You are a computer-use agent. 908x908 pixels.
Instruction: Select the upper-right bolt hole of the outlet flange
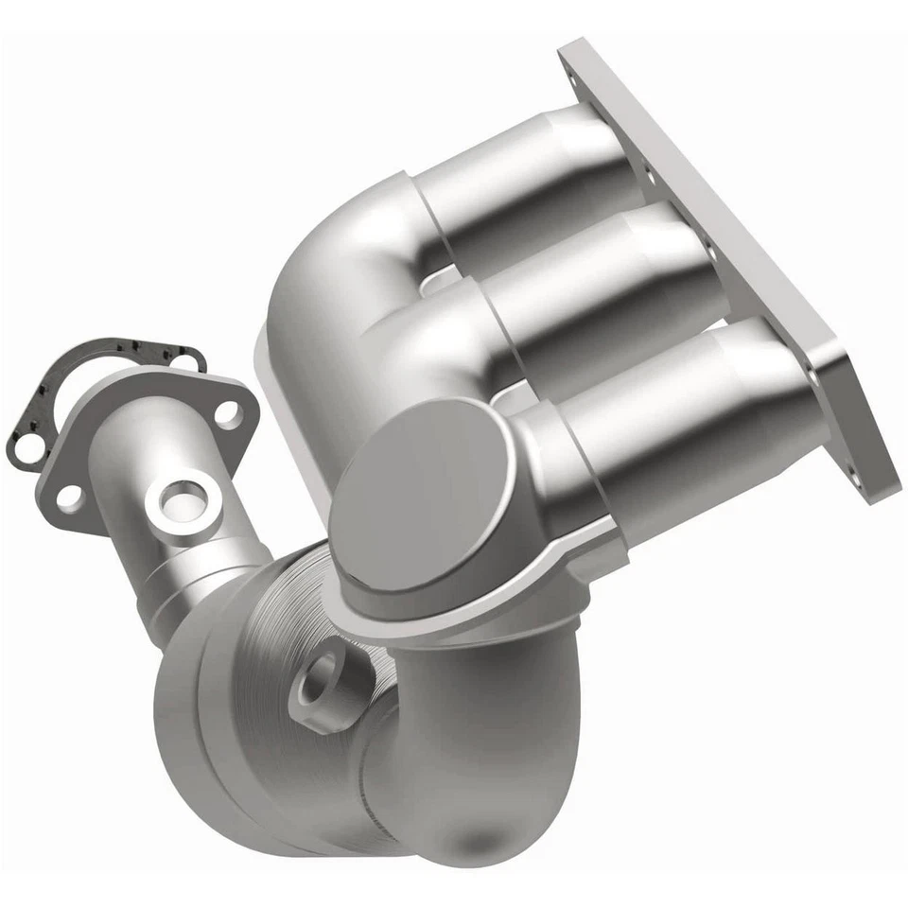tap(228, 413)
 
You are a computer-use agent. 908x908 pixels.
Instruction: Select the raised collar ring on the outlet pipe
tap(189, 577)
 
